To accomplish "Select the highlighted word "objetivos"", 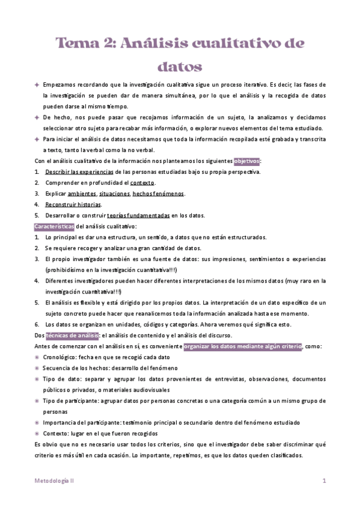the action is (246, 161).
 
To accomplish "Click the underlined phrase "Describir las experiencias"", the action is (79, 173).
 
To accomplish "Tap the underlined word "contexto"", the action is (142, 183).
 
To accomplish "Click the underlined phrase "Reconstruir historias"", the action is (73, 204).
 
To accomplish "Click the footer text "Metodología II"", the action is (53, 481).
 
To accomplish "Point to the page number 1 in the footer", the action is (325, 481).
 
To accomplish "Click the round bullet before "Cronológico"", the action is (37, 357).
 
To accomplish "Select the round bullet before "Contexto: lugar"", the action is (37, 433).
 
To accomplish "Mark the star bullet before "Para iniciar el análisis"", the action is (37, 139).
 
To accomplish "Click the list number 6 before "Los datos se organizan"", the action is (37, 324).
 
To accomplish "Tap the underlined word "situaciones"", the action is (115, 194).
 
